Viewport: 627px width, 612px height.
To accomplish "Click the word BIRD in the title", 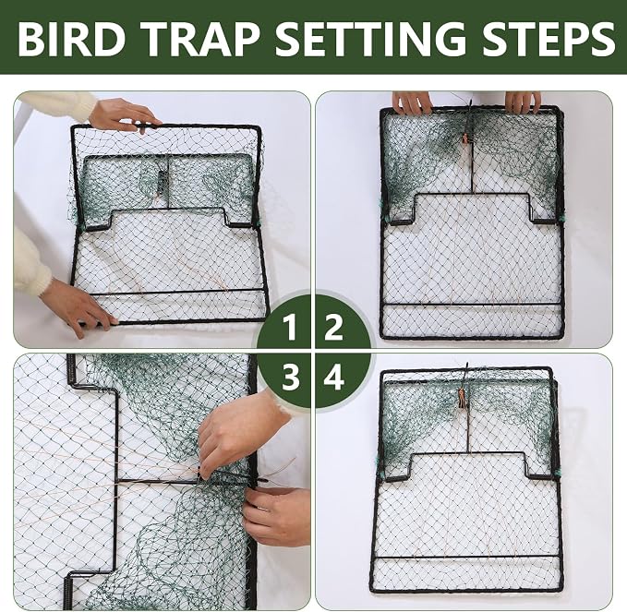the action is coord(72,39).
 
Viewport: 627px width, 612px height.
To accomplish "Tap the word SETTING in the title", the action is coord(370,39).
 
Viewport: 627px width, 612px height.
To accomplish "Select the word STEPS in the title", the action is coord(548,39).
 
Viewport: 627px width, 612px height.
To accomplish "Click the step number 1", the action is coord(289,327).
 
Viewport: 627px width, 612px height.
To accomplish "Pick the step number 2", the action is coord(333,327).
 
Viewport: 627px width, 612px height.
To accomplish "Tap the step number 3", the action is coord(290,377).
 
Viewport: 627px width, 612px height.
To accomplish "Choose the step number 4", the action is coord(334,377).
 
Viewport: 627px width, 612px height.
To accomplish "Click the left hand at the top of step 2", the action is coord(412,102).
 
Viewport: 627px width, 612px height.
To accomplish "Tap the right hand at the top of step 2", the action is coord(523,102).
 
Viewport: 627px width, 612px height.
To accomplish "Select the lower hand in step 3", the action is coord(276,516).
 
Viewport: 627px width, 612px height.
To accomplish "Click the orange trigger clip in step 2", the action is coord(465,138).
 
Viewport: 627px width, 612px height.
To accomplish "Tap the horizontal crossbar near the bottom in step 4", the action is coord(466,558).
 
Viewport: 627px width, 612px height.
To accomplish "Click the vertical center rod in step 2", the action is coord(473,168).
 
